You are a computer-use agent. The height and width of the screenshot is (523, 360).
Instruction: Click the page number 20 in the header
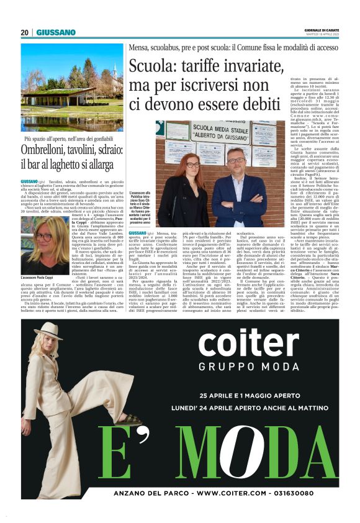25,33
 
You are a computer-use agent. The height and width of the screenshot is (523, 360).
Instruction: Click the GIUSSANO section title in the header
56,33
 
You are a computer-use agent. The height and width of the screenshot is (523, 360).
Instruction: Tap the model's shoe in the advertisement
128,420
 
